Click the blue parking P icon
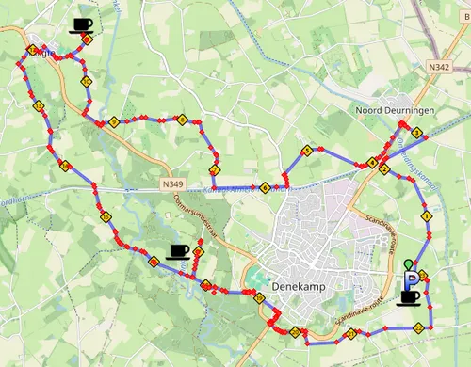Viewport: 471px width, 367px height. pos(413,279)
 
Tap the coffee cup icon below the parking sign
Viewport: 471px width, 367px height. pos(410,297)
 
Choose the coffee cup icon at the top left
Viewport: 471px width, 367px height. pos(82,24)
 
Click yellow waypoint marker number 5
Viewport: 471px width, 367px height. pos(306,151)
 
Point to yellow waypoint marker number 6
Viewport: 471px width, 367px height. pos(267,187)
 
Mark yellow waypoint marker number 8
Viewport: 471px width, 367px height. pos(182,120)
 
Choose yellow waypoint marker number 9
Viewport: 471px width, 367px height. pos(113,122)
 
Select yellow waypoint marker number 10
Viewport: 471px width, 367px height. pos(86,82)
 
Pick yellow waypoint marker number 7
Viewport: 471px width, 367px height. pos(215,170)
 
